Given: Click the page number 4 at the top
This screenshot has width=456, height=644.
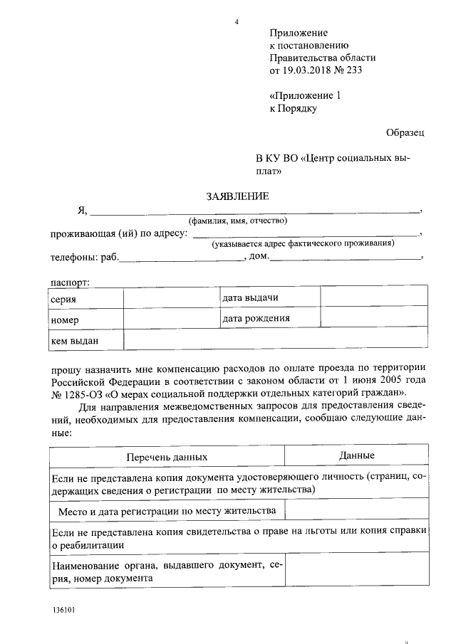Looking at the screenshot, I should tap(236, 21).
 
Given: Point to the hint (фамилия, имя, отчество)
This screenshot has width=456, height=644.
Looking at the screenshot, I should tap(237, 221).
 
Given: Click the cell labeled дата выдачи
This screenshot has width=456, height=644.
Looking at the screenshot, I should tap(269, 297).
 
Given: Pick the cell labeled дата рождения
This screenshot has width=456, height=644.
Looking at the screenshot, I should tap(269, 318).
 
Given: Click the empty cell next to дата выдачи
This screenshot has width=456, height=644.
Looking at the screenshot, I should tap(374, 297).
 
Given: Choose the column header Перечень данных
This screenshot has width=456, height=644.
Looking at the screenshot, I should tap(167, 456).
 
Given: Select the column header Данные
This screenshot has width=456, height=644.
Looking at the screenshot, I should tap(356, 455).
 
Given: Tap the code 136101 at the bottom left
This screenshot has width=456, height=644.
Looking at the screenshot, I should tap(63, 611).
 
